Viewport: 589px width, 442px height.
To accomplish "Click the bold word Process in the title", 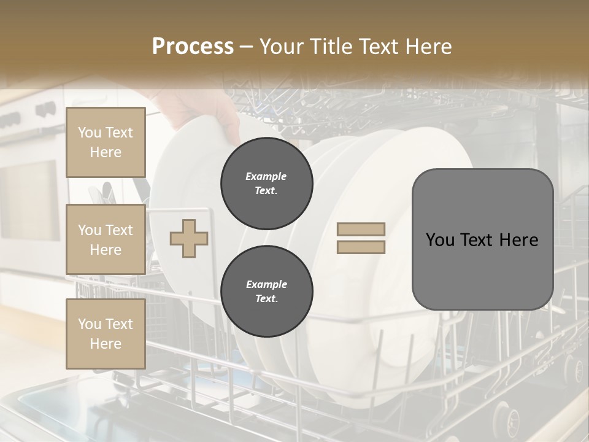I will (x=193, y=47).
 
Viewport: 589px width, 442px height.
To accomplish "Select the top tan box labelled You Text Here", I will (x=106, y=142).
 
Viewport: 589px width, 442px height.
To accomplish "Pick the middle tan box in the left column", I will (x=106, y=239).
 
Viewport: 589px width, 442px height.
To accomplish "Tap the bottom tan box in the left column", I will (x=106, y=333).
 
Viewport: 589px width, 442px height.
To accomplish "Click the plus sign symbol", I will (x=188, y=238).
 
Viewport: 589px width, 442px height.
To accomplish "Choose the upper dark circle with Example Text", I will (x=266, y=184).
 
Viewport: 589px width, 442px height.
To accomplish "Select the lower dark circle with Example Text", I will (x=266, y=292).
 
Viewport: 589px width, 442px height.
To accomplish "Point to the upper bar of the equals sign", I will (x=361, y=230).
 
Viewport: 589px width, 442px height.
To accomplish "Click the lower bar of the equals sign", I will (x=361, y=247).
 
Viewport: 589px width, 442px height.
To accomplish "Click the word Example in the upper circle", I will (x=266, y=176).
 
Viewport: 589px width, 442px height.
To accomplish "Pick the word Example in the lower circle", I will (x=266, y=284).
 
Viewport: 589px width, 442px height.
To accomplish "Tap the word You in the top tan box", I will (x=89, y=133).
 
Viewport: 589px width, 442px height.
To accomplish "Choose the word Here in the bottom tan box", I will (x=106, y=344).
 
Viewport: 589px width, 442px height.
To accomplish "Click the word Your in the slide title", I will (x=279, y=47).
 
